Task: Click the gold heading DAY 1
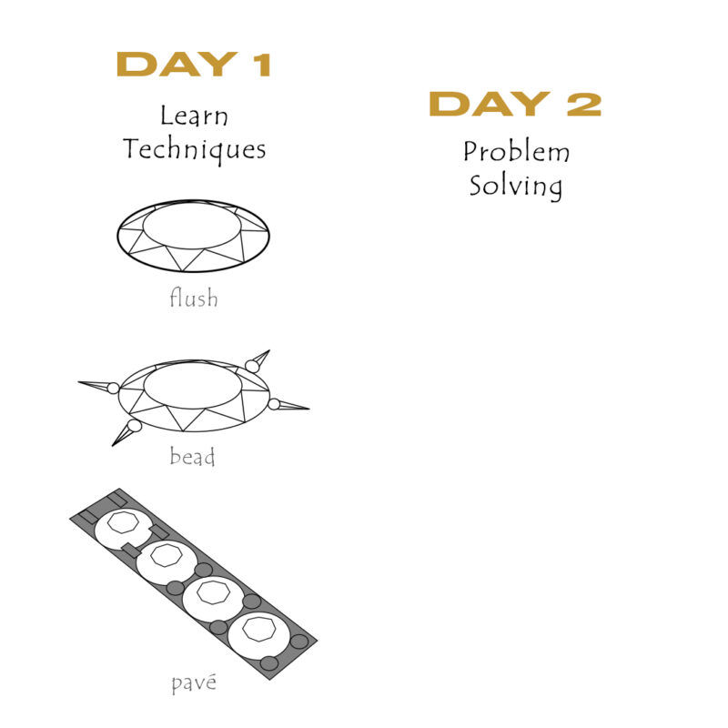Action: pyautogui.click(x=194, y=64)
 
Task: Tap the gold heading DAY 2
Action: pyautogui.click(x=515, y=104)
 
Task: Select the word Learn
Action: pyautogui.click(x=194, y=116)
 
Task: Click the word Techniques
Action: pyautogui.click(x=195, y=149)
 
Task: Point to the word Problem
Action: pyautogui.click(x=516, y=151)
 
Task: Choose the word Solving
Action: pyautogui.click(x=515, y=187)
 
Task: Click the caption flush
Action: pyautogui.click(x=194, y=298)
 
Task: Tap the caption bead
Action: pyautogui.click(x=192, y=456)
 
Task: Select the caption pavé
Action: pyautogui.click(x=194, y=683)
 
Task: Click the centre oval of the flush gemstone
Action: pyautogui.click(x=192, y=226)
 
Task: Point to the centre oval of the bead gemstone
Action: pyautogui.click(x=193, y=385)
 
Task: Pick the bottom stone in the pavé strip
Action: pyautogui.click(x=259, y=635)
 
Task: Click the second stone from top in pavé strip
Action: pyautogui.click(x=167, y=561)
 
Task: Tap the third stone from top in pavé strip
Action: pyautogui.click(x=213, y=598)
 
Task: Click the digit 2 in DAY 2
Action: pyautogui.click(x=584, y=104)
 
